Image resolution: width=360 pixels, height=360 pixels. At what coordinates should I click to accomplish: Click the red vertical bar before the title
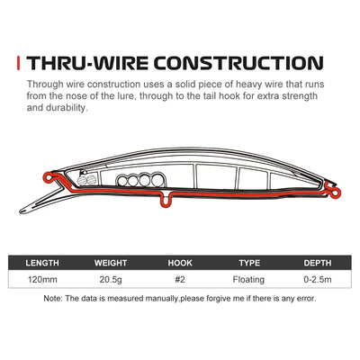pyautogui.click(x=19, y=63)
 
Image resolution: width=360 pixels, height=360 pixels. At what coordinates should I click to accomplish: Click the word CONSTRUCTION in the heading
pyautogui.click(x=238, y=63)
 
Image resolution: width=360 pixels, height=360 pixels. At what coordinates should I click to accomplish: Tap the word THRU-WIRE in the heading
pyautogui.click(x=87, y=63)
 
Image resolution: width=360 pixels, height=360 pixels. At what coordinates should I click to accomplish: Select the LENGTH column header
pyautogui.click(x=42, y=263)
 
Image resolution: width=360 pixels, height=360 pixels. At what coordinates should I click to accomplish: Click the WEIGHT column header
pyautogui.click(x=111, y=263)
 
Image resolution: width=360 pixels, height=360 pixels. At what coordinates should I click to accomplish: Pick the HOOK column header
pyautogui.click(x=180, y=263)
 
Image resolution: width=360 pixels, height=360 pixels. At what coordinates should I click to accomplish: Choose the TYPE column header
pyautogui.click(x=249, y=263)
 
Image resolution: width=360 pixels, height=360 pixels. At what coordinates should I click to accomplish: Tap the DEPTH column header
pyautogui.click(x=318, y=263)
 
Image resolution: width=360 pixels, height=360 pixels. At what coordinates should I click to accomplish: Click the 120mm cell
pyautogui.click(x=42, y=280)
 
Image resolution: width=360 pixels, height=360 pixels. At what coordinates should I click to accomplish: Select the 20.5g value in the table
pyautogui.click(x=111, y=280)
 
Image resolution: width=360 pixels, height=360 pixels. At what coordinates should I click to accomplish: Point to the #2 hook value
pyautogui.click(x=180, y=280)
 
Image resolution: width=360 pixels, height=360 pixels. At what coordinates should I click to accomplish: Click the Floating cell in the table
pyautogui.click(x=248, y=280)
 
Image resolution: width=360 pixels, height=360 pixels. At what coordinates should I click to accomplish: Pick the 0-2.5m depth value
pyautogui.click(x=318, y=280)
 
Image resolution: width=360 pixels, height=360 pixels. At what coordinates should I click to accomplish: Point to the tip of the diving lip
pyautogui.click(x=21, y=211)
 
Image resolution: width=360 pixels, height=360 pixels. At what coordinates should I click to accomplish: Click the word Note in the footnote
pyautogui.click(x=52, y=299)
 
